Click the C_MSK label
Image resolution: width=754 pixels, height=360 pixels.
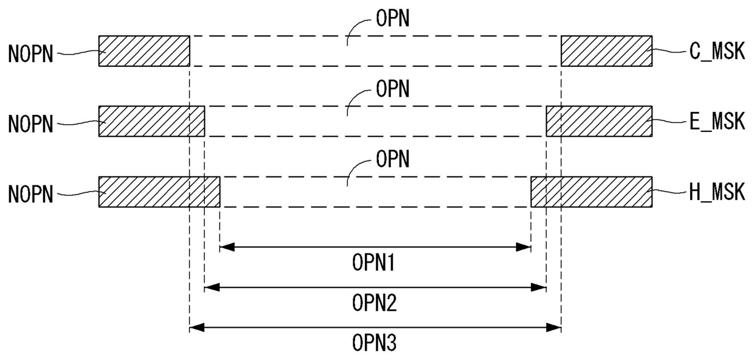pyautogui.click(x=717, y=52)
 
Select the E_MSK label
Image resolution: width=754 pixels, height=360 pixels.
pyautogui.click(x=717, y=122)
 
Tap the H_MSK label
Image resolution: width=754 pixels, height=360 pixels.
pyautogui.click(x=717, y=193)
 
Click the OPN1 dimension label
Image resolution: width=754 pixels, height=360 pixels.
pyautogui.click(x=375, y=263)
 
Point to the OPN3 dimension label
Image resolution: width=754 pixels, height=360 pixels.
pyautogui.click(x=375, y=344)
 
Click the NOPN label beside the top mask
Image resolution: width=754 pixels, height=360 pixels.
pyautogui.click(x=31, y=54)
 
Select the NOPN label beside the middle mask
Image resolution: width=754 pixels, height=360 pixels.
pyautogui.click(x=31, y=124)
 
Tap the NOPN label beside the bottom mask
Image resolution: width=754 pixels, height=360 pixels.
pyautogui.click(x=31, y=195)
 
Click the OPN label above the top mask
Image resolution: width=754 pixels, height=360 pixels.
pyautogui.click(x=393, y=19)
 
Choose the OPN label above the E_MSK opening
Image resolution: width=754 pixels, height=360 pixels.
pyautogui.click(x=393, y=89)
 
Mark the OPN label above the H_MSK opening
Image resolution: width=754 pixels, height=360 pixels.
pyautogui.click(x=393, y=159)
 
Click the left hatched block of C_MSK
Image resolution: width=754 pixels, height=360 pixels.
pyautogui.click(x=144, y=50)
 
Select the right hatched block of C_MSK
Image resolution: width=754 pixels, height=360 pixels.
pyautogui.click(x=606, y=50)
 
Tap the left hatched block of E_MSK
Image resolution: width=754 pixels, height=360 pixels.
pyautogui.click(x=151, y=121)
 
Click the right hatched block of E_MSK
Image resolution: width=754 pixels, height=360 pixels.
pyautogui.click(x=599, y=121)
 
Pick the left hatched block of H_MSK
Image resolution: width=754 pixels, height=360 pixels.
pyautogui.click(x=159, y=192)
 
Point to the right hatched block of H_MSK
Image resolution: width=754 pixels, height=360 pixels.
pyautogui.click(x=591, y=192)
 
